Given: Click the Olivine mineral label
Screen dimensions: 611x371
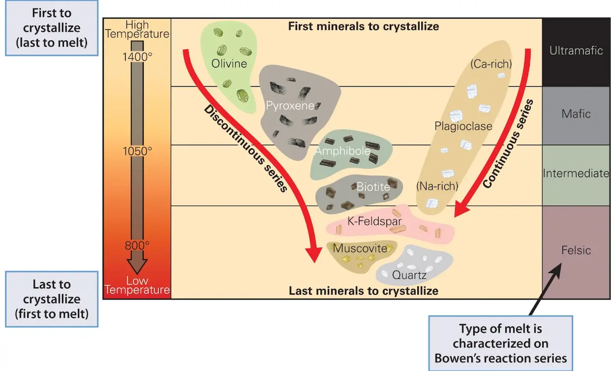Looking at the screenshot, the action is [x=229, y=63].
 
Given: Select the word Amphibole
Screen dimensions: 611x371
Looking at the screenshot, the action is [x=342, y=151].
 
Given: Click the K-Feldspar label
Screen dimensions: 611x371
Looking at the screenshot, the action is [x=375, y=222].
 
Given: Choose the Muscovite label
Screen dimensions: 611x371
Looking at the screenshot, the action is [x=361, y=248].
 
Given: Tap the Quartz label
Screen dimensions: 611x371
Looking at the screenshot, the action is [x=409, y=275].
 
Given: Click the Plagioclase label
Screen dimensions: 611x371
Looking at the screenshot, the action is [x=463, y=126].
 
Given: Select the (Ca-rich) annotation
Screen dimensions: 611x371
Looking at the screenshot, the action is [x=491, y=64].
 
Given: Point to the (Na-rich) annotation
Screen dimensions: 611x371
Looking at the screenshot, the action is [x=437, y=186].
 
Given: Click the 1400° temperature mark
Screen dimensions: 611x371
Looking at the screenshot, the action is [x=138, y=57].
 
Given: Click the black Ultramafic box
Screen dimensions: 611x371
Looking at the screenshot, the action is [x=576, y=51].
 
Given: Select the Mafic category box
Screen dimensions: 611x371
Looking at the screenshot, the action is [x=576, y=114].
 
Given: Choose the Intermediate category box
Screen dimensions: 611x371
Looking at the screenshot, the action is [x=576, y=173].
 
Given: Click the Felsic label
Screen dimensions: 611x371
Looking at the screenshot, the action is [x=576, y=250].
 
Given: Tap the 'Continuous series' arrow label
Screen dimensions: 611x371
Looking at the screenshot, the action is [x=509, y=144].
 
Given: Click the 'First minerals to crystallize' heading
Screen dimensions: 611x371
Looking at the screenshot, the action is [x=363, y=26].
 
